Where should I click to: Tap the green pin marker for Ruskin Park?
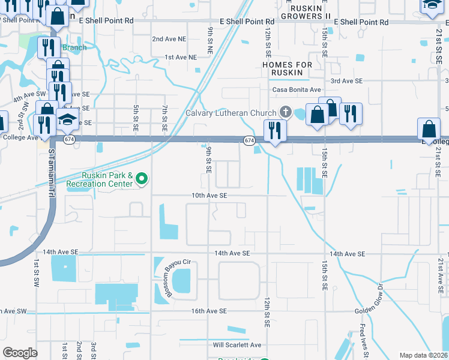[x=142, y=178]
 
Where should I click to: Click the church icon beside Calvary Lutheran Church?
[x=285, y=112]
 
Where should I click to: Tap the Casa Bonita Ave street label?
[x=297, y=90]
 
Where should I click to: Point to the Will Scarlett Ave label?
[x=237, y=345]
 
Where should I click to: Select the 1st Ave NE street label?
[x=181, y=58]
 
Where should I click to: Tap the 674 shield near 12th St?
[x=249, y=140]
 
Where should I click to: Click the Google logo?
[x=20, y=353]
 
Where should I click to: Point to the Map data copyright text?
[x=423, y=355]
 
